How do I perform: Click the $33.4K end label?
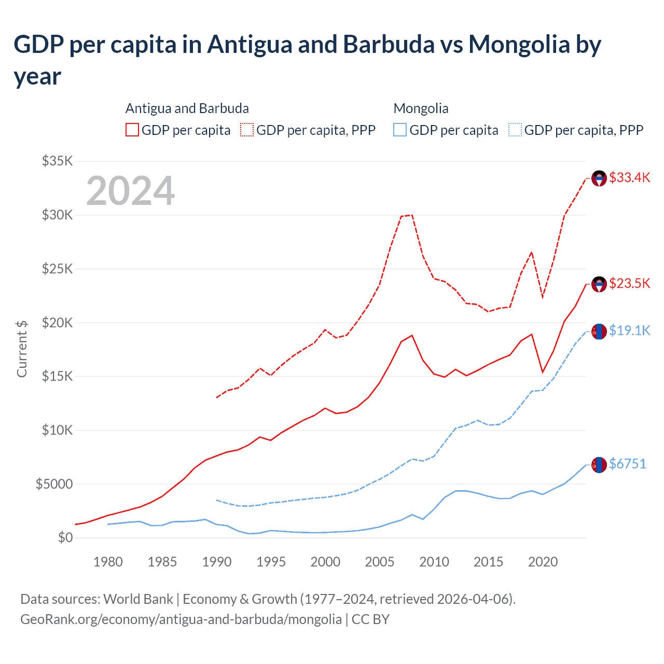tap(629, 177)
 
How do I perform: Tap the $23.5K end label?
tap(629, 283)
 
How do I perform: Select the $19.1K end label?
tap(629, 330)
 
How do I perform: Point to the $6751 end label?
tap(627, 464)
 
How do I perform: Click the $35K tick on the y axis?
tap(58, 161)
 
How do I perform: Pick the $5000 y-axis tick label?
tap(54, 484)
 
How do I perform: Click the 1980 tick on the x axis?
tap(108, 562)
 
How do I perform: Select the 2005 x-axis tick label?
tap(380, 562)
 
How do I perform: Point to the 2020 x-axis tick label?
tap(543, 562)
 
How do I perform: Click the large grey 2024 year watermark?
tap(130, 191)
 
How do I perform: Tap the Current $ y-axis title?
tap(22, 349)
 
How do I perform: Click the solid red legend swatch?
tap(132, 130)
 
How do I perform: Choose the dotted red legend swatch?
tap(247, 130)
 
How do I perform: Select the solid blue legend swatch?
tap(400, 130)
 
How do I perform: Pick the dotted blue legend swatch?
tap(515, 130)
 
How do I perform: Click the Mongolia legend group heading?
tap(421, 108)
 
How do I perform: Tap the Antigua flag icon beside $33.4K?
tap(599, 178)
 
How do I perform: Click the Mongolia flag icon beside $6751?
tap(599, 465)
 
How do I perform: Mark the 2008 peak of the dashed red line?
tap(412, 215)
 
